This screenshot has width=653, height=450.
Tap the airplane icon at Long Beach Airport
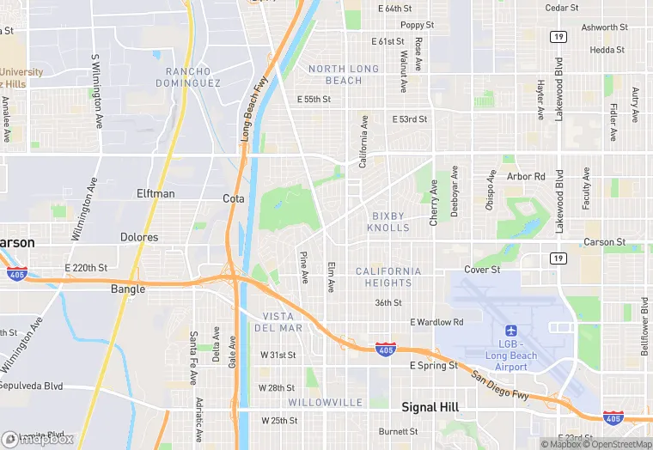pyautogui.click(x=511, y=331)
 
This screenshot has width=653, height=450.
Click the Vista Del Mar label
pyautogui.click(x=278, y=322)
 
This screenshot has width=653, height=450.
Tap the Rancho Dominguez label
pyautogui.click(x=188, y=77)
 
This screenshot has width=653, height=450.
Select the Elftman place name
pyautogui.click(x=156, y=194)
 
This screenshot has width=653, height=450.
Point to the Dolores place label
pyautogui.click(x=139, y=237)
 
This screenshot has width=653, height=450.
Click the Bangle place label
pyautogui.click(x=128, y=289)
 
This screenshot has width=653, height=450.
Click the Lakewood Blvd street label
pyautogui.click(x=559, y=89)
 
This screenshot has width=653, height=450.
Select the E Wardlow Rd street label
pyautogui.click(x=436, y=322)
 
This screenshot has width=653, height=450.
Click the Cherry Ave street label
pyautogui.click(x=434, y=204)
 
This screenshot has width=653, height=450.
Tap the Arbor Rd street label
pyautogui.click(x=526, y=177)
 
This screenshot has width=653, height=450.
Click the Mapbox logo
pyautogui.click(x=38, y=439)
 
